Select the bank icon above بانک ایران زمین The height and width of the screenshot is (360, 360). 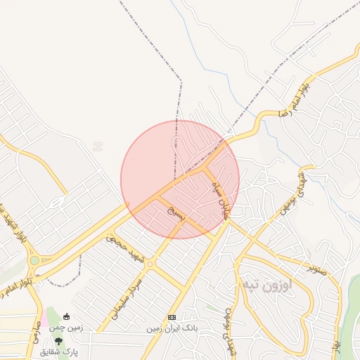172,318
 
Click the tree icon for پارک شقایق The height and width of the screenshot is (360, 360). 59,341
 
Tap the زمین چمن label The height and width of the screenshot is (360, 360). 67,327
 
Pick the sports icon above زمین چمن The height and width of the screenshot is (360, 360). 67,317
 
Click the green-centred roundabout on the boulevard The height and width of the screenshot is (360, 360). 34,260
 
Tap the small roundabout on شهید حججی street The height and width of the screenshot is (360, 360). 150,264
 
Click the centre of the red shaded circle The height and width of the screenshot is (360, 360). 180,179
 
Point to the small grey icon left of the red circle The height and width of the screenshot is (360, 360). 98,146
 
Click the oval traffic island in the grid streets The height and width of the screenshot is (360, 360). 57,203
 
